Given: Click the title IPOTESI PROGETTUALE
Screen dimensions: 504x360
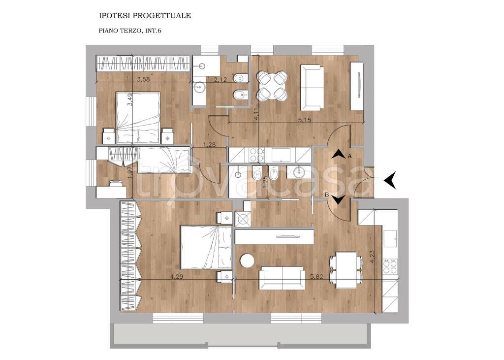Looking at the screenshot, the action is click(145, 15).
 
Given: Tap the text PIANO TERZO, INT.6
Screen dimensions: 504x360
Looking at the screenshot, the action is click(130, 31).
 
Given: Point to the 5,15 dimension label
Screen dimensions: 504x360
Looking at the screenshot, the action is click(304, 120).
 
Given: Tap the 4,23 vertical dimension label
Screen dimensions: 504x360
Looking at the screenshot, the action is click(373, 257).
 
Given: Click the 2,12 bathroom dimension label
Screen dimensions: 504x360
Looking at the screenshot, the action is click(220, 79).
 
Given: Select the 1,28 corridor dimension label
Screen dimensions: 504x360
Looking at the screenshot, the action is click(209, 145).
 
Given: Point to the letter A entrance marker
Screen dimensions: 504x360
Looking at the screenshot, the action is click(350, 156).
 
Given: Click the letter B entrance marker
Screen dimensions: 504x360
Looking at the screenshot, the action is click(327, 195).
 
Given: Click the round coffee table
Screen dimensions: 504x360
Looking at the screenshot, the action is click(248, 260).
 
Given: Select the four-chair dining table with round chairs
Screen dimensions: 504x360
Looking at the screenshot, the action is click(272, 85).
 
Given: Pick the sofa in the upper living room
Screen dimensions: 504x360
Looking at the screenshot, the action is click(312, 88).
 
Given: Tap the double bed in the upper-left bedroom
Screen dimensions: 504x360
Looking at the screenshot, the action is click(138, 118).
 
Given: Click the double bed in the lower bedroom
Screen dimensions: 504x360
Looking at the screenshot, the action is click(206, 247).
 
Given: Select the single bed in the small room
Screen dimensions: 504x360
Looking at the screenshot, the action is click(164, 160).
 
